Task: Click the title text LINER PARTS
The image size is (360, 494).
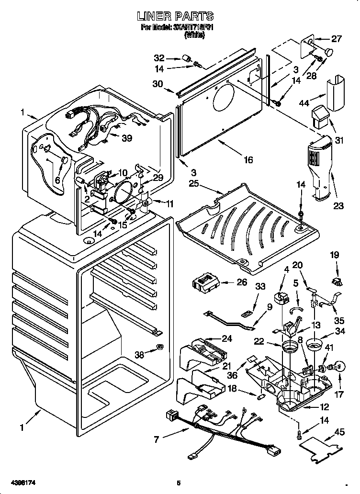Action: click(x=175, y=17)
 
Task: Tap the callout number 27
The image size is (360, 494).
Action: click(x=337, y=39)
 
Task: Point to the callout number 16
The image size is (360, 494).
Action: click(x=247, y=160)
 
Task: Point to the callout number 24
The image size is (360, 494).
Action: click(x=226, y=338)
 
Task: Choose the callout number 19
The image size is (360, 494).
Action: click(x=334, y=255)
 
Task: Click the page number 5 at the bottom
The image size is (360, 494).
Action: click(x=179, y=483)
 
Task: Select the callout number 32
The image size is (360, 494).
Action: click(x=159, y=58)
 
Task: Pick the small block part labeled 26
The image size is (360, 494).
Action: click(x=206, y=283)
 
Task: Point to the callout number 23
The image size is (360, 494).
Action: click(x=338, y=207)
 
